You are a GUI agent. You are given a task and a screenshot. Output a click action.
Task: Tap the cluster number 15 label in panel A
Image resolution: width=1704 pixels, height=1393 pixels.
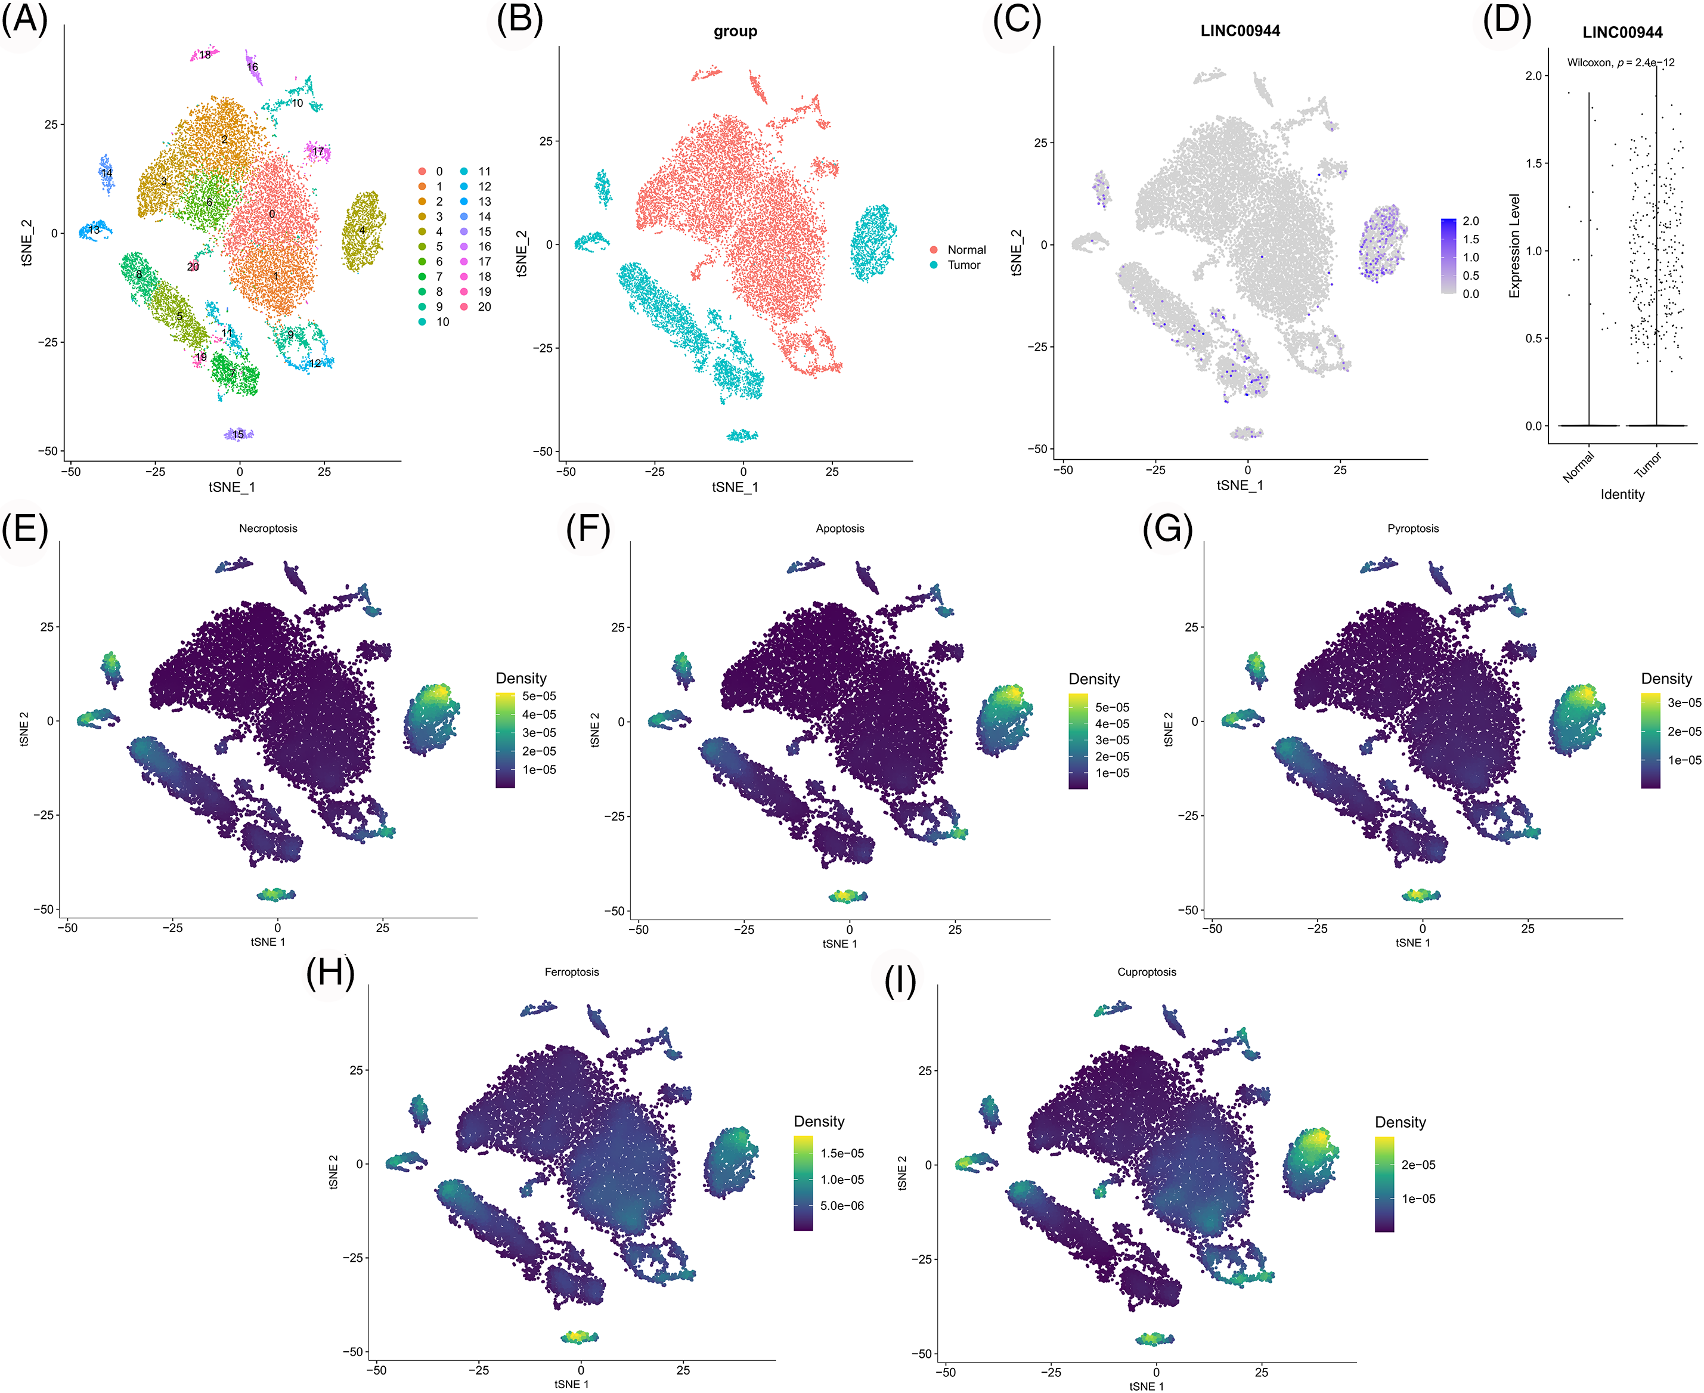tap(238, 434)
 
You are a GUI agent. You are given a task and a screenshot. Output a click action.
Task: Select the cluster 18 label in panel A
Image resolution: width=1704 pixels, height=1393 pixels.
tap(205, 55)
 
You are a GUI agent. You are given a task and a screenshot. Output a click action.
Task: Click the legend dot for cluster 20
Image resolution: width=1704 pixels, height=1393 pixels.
tap(464, 307)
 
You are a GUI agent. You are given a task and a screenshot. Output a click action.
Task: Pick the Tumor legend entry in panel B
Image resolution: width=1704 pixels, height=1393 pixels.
tap(963, 265)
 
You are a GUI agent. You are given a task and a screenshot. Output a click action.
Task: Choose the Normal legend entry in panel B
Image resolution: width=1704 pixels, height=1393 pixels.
tap(966, 249)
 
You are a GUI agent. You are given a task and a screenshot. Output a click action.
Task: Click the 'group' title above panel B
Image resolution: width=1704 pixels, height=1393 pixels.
tap(735, 31)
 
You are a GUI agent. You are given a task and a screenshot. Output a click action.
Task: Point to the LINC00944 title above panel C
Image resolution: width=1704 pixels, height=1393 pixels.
tap(1240, 31)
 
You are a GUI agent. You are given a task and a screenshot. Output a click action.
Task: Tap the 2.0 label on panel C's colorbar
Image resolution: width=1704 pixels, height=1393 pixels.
tap(1470, 221)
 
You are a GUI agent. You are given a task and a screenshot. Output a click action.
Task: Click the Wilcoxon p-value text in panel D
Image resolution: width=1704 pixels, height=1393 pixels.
tap(1621, 63)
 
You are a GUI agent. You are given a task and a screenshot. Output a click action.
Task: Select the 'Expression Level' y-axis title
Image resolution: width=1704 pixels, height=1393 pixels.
tap(1514, 246)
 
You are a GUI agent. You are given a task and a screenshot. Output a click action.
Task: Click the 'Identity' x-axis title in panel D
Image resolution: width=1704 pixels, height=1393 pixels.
tap(1622, 494)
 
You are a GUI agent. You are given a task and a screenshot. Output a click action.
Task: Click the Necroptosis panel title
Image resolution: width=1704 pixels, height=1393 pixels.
tap(268, 528)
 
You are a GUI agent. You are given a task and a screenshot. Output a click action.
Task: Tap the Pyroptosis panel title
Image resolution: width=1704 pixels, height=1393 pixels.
tap(1413, 528)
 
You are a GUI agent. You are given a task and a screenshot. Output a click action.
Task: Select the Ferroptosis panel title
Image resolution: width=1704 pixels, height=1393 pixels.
tap(571, 972)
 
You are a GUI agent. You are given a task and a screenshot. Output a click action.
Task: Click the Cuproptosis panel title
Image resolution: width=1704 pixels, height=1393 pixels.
tap(1147, 972)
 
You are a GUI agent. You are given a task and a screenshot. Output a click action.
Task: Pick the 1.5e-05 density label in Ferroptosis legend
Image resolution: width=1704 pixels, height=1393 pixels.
tap(842, 1153)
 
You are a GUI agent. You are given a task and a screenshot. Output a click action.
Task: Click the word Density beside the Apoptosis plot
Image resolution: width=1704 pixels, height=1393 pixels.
tap(1093, 679)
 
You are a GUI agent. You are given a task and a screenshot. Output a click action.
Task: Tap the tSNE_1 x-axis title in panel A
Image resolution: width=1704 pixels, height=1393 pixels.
tap(232, 487)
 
